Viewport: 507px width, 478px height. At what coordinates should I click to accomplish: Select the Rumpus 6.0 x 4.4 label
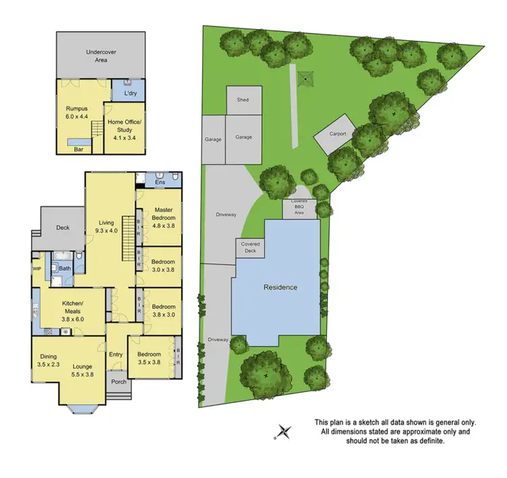76,112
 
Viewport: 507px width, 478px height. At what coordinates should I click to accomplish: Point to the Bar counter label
79,149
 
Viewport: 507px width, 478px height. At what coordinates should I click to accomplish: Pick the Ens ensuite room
160,182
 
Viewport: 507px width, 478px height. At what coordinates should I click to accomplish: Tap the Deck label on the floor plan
63,228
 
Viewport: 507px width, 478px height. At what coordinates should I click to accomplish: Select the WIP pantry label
37,268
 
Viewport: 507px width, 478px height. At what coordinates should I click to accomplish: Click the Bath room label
65,268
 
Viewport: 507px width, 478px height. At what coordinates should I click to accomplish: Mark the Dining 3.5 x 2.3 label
47,360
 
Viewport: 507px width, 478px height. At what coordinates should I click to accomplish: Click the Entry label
116,354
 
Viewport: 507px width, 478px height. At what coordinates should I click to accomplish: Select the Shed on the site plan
242,100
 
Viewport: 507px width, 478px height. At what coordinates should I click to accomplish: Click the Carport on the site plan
337,134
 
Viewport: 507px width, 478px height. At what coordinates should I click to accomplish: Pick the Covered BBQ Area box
299,208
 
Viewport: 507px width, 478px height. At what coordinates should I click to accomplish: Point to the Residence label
280,287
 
